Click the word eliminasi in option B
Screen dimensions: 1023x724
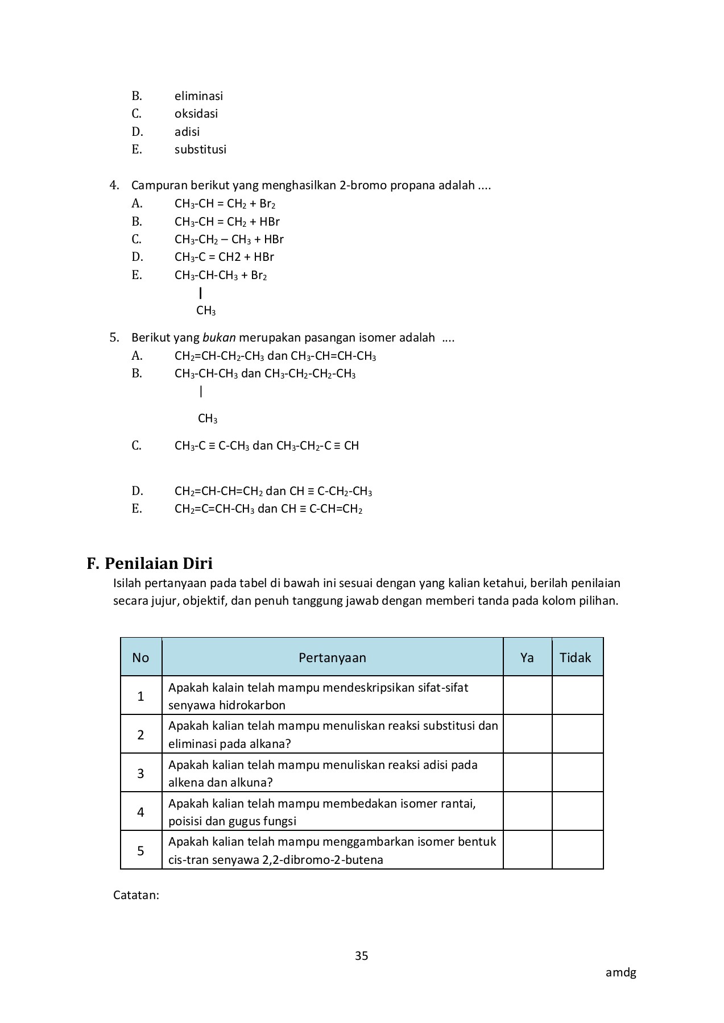point(198,96)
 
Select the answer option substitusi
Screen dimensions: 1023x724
point(200,149)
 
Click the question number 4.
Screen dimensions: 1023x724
point(114,185)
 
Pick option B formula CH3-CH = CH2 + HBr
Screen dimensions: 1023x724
point(227,222)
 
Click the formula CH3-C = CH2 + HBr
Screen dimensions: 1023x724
point(224,257)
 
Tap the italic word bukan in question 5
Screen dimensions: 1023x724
point(219,338)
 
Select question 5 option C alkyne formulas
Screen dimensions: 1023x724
point(266,446)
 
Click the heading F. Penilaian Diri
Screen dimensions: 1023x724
point(150,563)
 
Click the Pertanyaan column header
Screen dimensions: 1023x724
point(332,658)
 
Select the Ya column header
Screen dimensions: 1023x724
point(527,658)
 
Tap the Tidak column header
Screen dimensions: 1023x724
point(575,658)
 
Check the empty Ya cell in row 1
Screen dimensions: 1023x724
point(527,696)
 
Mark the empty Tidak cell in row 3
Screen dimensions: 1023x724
point(577,773)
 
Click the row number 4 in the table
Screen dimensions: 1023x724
point(140,812)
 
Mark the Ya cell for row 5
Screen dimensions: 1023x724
point(527,850)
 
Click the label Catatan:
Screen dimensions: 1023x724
point(136,895)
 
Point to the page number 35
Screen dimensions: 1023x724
point(361,956)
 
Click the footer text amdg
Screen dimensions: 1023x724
point(620,972)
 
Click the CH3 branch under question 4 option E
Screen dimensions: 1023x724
point(206,311)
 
